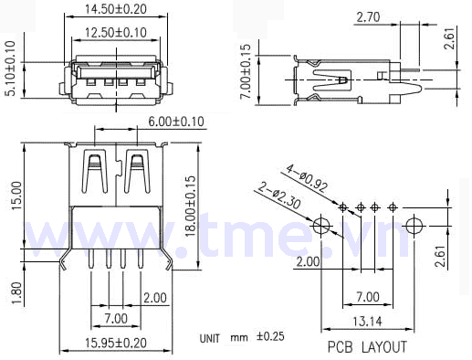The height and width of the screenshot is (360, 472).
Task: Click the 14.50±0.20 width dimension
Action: click(115, 9)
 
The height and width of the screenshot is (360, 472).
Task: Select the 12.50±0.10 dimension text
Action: click(115, 32)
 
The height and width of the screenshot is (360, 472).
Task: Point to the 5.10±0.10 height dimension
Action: click(11, 69)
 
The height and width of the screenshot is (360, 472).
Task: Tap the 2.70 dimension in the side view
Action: click(368, 17)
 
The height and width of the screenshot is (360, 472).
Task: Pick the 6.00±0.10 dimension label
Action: click(176, 122)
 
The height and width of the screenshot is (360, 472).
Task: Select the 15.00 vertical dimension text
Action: click(16, 196)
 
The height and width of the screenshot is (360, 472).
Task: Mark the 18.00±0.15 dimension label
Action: click(191, 206)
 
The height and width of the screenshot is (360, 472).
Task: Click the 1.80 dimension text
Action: click(16, 293)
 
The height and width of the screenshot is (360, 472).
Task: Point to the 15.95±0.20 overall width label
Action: click(115, 343)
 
